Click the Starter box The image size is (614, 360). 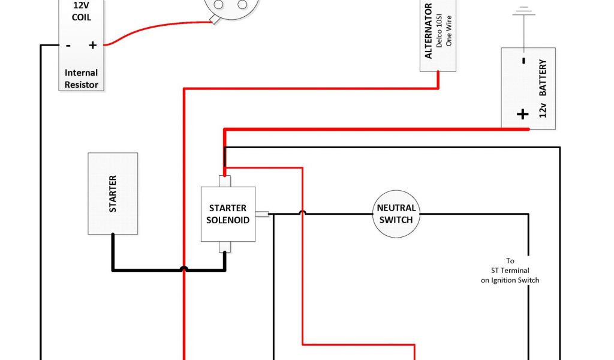113,193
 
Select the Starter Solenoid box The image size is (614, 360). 228,214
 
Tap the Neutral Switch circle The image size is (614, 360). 396,214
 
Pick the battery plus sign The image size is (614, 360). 523,114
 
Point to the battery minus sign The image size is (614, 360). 523,60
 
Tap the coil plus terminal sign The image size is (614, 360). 93,45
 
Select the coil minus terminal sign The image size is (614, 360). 68,45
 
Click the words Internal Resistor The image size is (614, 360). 82,79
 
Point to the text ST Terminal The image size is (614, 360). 510,271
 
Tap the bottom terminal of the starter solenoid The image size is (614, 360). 224,247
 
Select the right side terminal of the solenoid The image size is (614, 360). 261,214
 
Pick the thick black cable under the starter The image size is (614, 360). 168,269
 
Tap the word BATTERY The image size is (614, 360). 543,78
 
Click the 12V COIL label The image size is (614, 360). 82,11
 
